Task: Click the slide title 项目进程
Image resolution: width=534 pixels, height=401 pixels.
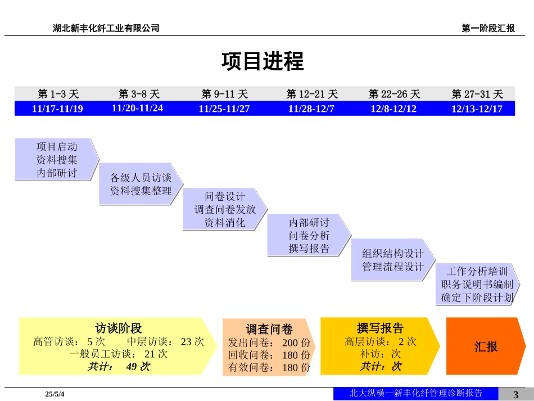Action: coord(263,61)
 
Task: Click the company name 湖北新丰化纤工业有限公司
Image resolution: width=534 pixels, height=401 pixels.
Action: coord(106,28)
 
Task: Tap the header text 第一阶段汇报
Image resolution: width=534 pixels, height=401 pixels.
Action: coord(488,28)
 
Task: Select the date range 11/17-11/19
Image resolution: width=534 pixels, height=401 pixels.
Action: coord(57,109)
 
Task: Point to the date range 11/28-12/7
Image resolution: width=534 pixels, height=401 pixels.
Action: coord(311,109)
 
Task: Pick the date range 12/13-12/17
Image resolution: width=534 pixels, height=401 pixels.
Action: coord(477,109)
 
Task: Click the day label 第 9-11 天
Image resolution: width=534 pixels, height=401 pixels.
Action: coord(224,94)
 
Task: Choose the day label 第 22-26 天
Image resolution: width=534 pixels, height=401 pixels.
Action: coord(394,94)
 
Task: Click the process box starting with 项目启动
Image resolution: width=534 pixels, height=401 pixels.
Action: coord(57,160)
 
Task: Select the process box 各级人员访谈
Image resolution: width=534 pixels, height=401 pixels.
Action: coord(141,184)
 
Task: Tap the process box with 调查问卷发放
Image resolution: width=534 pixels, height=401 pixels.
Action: coord(225,209)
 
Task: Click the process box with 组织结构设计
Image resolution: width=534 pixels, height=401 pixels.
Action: coord(393,260)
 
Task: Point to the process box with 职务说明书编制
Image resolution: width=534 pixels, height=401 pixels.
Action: coord(477,284)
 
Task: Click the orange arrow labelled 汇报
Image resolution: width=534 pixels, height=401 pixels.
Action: coord(486,346)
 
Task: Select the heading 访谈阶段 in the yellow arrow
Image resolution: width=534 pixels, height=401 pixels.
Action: coord(118,328)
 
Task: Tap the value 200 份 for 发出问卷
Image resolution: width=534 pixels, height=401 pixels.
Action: coord(296,343)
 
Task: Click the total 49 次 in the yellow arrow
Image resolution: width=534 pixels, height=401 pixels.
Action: coord(138,367)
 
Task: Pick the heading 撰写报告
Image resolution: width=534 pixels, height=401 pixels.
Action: coord(380,328)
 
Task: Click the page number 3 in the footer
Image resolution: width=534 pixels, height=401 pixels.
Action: coord(515,394)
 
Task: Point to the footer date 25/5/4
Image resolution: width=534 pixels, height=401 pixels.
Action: coord(55,394)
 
